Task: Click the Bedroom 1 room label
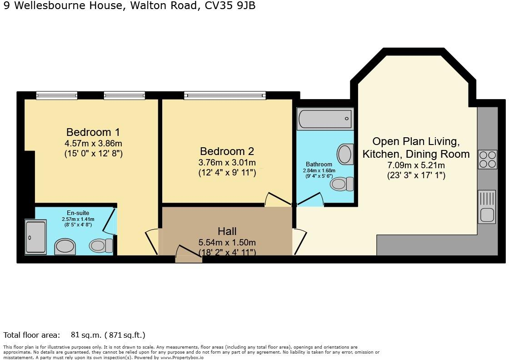click(x=93, y=132)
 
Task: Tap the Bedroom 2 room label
click(x=227, y=151)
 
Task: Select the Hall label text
click(x=227, y=231)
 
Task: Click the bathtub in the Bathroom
click(x=325, y=119)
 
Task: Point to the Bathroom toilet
click(x=342, y=184)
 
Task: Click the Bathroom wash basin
click(x=345, y=154)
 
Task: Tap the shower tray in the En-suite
click(x=35, y=236)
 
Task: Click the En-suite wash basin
click(x=65, y=247)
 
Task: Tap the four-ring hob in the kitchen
click(x=487, y=160)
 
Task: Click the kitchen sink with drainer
click(x=487, y=207)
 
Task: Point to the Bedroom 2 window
click(x=225, y=95)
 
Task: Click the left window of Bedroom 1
click(x=57, y=95)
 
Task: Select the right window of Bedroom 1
click(x=124, y=95)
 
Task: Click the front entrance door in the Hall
click(x=188, y=255)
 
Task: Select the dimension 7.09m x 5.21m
click(x=416, y=165)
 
